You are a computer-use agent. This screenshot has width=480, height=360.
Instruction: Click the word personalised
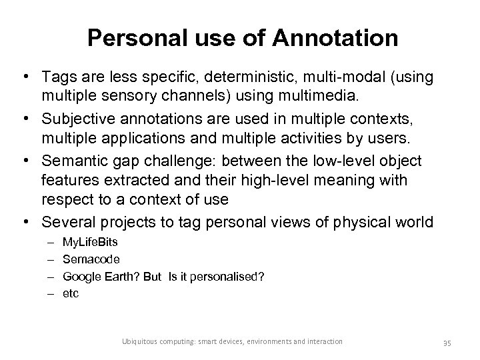tap(229, 275)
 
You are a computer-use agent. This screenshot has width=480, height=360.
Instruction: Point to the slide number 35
tap(447, 342)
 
